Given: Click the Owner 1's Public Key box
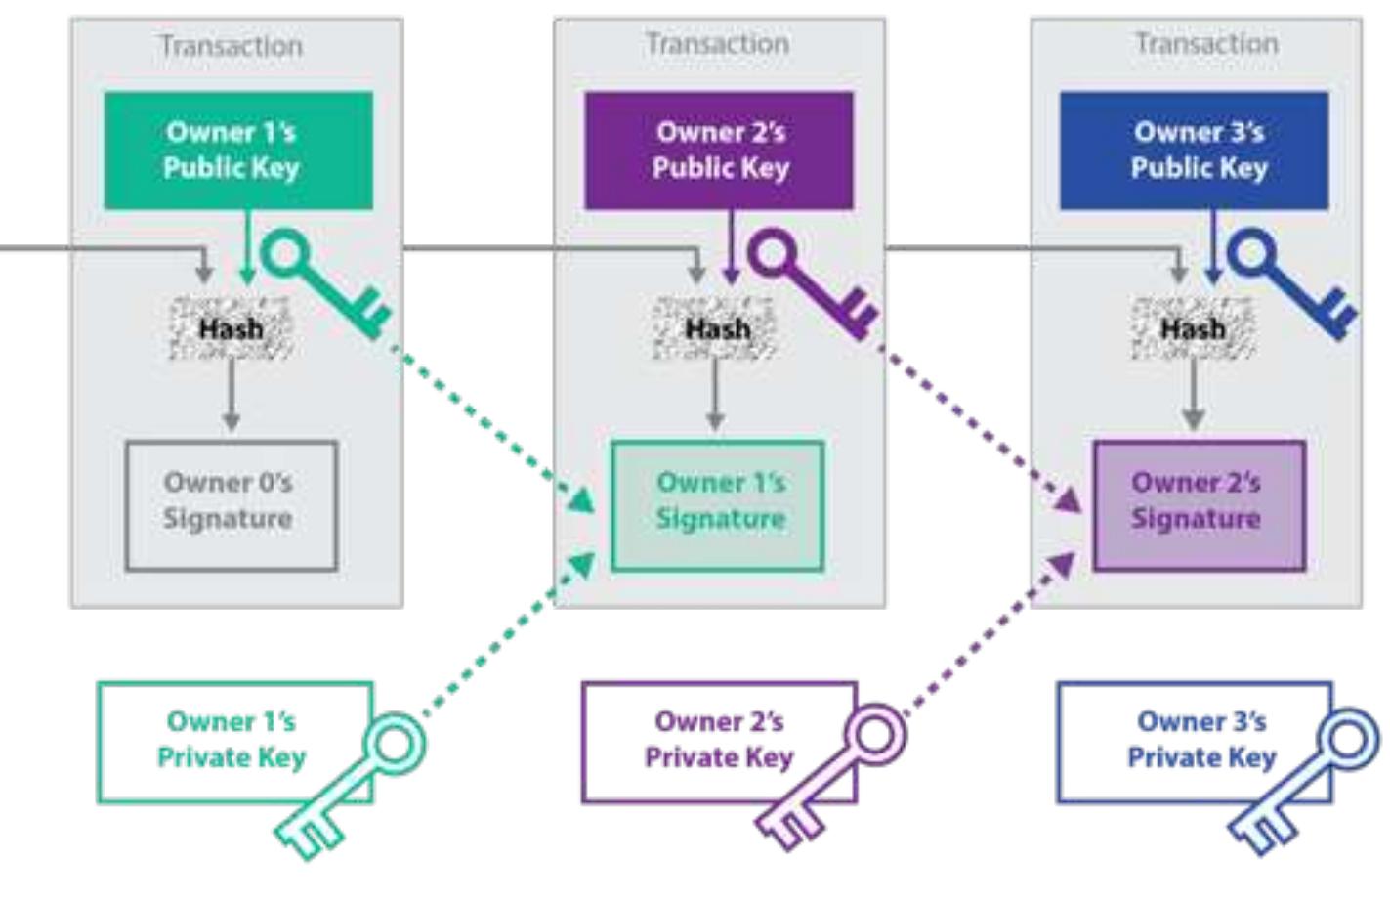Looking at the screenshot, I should (238, 151).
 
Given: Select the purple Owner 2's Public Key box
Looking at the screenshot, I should (718, 151).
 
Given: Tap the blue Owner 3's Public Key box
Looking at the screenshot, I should (1194, 151).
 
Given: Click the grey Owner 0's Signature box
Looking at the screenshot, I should (231, 505).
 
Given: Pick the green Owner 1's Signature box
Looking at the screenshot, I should (718, 505).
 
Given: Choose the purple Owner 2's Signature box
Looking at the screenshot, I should (1199, 505).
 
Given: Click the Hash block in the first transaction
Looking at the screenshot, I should (231, 328).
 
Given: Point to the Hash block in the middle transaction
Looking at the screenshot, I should (716, 328).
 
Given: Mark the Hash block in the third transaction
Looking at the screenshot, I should (1193, 328).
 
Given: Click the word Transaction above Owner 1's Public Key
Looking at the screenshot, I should (232, 46).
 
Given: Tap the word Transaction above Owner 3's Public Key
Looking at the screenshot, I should (1205, 44).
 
